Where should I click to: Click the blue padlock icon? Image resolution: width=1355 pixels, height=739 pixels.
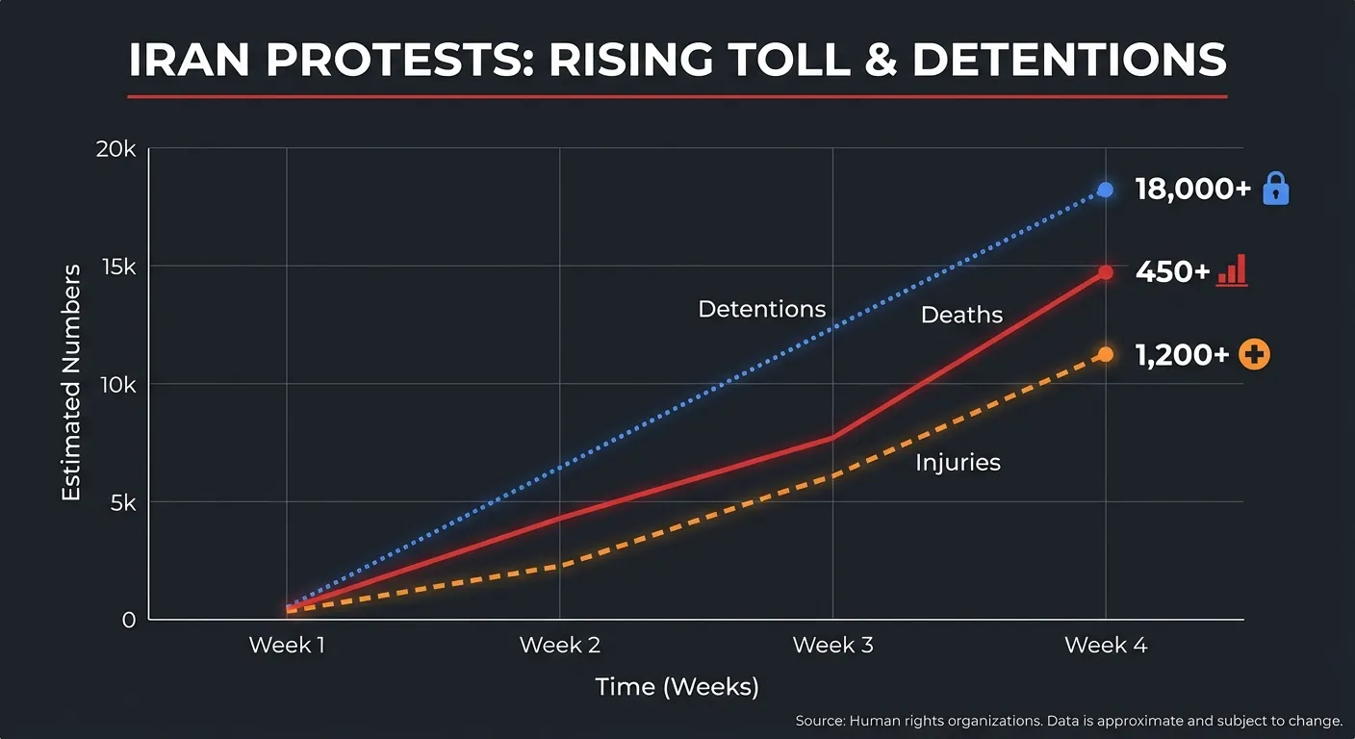[1275, 189]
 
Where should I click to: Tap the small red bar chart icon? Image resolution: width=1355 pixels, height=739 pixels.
[1232, 270]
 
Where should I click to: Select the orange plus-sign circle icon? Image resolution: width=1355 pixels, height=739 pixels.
[1254, 355]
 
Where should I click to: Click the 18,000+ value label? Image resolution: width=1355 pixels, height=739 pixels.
[1192, 190]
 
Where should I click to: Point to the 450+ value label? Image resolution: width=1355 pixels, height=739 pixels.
[1172, 272]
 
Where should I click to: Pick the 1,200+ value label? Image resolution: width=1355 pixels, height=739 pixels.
[1182, 355]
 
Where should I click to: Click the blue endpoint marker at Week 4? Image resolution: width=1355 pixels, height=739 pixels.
[1105, 190]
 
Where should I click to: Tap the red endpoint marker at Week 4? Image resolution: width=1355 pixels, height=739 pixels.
[1105, 272]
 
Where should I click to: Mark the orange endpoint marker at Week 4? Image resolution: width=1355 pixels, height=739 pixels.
[1105, 354]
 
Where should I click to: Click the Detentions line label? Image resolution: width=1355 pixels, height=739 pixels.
[761, 309]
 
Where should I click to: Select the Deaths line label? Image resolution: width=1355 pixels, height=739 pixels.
[961, 315]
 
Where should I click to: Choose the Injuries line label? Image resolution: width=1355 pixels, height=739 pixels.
[958, 463]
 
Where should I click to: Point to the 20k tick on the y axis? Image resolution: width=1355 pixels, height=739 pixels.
[115, 149]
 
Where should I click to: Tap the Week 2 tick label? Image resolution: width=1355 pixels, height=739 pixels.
[559, 645]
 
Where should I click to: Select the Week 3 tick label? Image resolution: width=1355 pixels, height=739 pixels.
[832, 645]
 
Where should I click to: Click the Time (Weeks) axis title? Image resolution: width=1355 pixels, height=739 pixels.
[677, 687]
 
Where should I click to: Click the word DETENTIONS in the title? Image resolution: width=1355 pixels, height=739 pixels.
[1069, 60]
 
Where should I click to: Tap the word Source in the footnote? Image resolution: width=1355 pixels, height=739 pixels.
[819, 721]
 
